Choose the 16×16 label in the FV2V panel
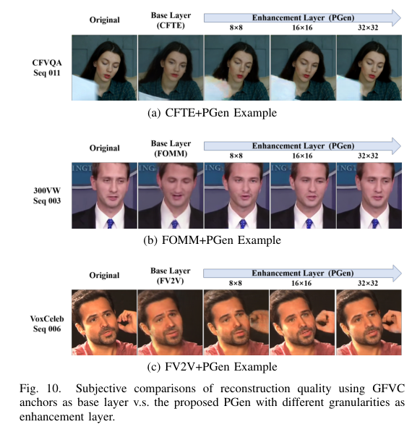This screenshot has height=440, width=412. click(x=301, y=284)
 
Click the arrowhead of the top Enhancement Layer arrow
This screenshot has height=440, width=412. click(x=395, y=14)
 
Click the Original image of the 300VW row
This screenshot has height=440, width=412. click(x=104, y=196)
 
